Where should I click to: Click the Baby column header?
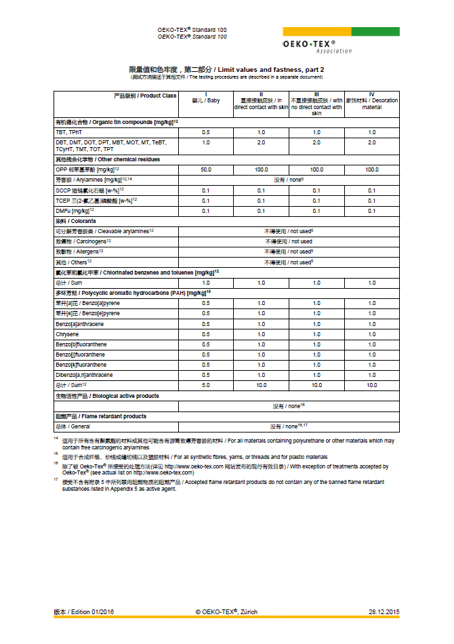click(206, 100)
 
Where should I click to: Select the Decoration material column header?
click(371, 104)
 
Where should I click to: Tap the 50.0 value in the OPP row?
click(206, 169)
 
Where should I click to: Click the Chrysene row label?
click(67, 334)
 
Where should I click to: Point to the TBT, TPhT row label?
click(69, 132)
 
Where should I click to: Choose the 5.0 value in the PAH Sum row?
click(206, 385)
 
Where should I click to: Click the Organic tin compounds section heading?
click(116, 121)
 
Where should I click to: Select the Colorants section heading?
click(75, 221)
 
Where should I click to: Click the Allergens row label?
click(79, 251)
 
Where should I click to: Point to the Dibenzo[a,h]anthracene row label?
click(84, 375)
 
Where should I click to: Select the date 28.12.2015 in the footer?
click(384, 611)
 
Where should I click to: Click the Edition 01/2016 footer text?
click(85, 611)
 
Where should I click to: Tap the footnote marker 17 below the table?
click(57, 481)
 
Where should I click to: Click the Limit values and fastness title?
click(226, 70)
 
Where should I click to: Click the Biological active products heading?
click(107, 396)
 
